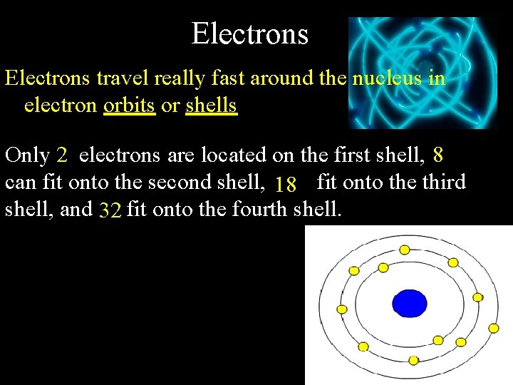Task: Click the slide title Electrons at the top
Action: (249, 34)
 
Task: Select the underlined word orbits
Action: (129, 106)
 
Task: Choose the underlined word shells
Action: (211, 106)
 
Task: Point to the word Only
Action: (27, 155)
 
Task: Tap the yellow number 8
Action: (438, 155)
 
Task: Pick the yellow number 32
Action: (110, 211)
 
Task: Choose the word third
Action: (443, 183)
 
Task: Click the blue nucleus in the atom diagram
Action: (410, 302)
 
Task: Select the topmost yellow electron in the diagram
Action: (405, 250)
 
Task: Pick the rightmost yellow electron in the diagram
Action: (493, 328)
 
